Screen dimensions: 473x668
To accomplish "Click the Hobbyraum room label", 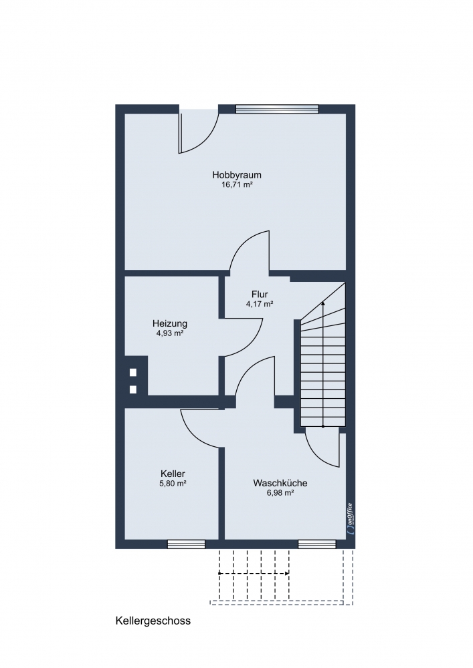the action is click(237, 174).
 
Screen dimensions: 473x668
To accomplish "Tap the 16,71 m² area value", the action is click(237, 185).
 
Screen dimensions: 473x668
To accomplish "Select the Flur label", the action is click(260, 295).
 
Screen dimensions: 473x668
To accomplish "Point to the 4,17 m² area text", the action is click(260, 304).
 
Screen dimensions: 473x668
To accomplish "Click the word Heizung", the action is click(170, 324).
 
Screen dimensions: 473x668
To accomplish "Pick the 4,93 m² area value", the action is click(170, 333).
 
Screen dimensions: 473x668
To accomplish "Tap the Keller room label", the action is click(173, 474).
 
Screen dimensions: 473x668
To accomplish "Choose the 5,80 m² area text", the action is click(173, 484).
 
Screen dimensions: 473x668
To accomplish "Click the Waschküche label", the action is click(280, 483).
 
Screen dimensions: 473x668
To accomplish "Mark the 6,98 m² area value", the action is click(280, 493).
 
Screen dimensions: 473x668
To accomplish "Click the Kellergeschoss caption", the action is click(153, 621).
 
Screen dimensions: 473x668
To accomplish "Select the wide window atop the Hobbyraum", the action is click(277, 109).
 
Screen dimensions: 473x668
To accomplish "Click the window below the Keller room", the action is click(186, 544).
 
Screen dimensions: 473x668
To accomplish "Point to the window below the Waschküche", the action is click(316, 544).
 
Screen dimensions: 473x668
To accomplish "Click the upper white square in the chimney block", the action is click(133, 372).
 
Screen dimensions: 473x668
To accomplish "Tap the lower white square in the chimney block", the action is click(133, 389).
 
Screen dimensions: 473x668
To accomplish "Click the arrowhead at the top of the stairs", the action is click(323, 303).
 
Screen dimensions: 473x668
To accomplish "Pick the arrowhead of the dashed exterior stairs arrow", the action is click(288, 573).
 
